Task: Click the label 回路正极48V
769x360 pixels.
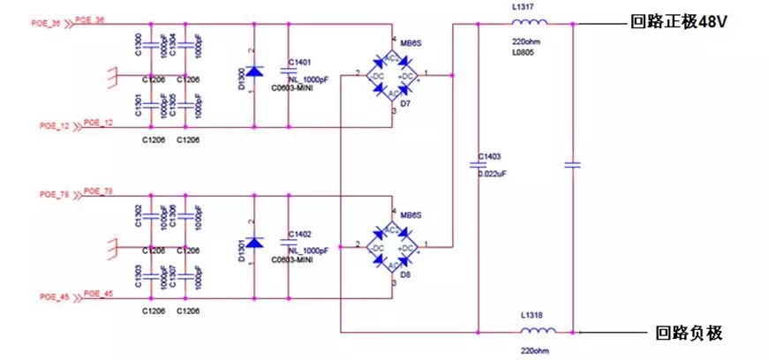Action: [x=676, y=23]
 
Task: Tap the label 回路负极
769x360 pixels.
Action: [x=689, y=332]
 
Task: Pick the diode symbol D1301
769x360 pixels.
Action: [x=254, y=242]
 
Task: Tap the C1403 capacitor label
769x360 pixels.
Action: [x=488, y=156]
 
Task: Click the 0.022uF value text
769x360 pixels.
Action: [x=492, y=174]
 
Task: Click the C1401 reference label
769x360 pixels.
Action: [x=300, y=63]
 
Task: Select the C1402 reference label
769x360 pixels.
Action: [x=300, y=234]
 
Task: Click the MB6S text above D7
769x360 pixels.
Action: [x=411, y=44]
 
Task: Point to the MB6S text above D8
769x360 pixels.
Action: [x=411, y=214]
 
